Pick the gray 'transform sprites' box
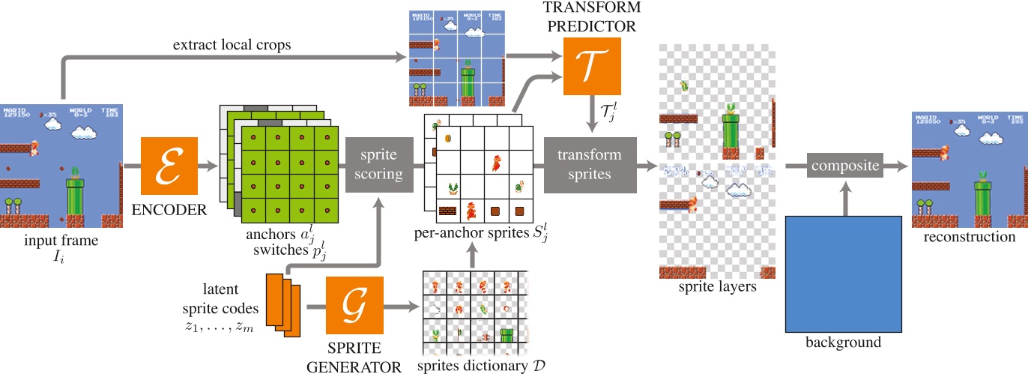click(589, 165)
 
